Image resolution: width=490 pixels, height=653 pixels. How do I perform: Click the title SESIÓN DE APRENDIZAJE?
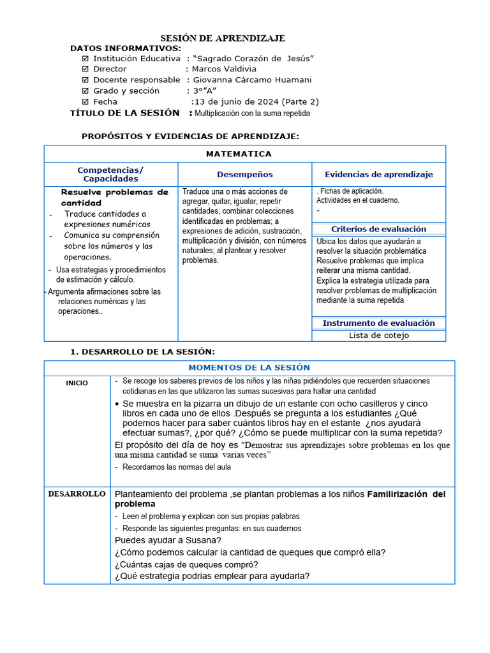tap(222, 38)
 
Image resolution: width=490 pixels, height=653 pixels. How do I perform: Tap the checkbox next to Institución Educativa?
tap(85, 59)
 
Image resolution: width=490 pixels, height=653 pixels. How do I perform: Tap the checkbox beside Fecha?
tap(85, 101)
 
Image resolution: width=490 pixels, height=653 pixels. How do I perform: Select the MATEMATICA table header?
tap(239, 154)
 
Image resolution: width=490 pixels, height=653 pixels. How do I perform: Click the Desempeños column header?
tap(244, 174)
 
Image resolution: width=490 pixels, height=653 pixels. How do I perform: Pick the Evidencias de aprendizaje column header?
tap(378, 174)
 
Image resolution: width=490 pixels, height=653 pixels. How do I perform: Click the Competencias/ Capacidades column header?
tap(110, 174)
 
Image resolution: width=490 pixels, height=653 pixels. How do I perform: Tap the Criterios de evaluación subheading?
tap(378, 229)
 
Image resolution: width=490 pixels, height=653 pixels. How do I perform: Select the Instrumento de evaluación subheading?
tap(378, 323)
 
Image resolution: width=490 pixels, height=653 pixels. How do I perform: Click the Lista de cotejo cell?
tap(378, 335)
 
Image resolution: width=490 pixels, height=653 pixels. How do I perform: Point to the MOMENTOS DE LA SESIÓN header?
tap(249, 367)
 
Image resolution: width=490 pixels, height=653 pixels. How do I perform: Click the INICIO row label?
tap(77, 383)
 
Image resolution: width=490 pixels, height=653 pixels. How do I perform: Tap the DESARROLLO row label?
tap(77, 494)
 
